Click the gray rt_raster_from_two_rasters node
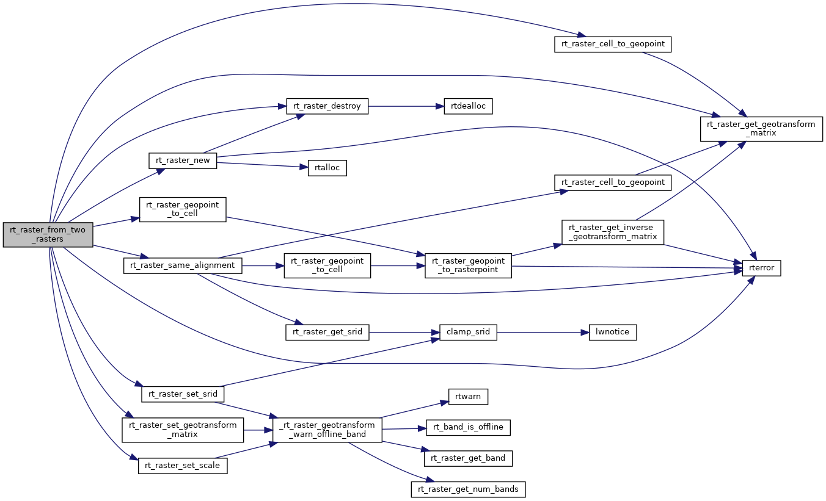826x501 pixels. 48,234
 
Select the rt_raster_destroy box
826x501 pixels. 327,106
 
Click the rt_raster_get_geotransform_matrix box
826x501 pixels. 761,129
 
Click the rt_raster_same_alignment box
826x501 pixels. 183,265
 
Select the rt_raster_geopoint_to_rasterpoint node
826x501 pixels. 468,265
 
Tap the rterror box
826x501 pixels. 761,267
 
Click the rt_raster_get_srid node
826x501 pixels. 327,332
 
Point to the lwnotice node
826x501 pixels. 612,333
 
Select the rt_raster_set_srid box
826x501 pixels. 183,394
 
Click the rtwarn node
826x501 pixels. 468,397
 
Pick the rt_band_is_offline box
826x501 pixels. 468,427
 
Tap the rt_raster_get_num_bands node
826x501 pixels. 468,489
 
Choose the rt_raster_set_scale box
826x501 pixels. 183,466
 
